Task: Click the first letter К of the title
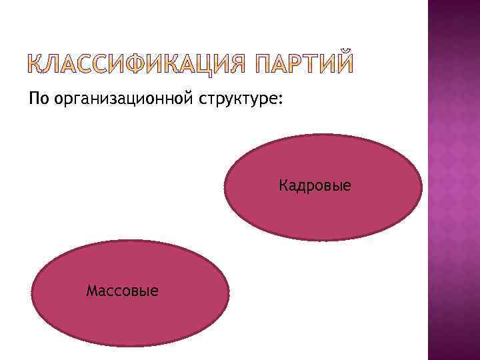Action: click(x=39, y=65)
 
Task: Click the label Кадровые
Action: click(x=315, y=185)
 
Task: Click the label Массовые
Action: click(x=123, y=291)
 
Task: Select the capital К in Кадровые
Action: click(x=284, y=185)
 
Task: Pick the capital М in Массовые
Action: click(x=92, y=291)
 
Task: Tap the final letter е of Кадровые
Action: click(x=347, y=186)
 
